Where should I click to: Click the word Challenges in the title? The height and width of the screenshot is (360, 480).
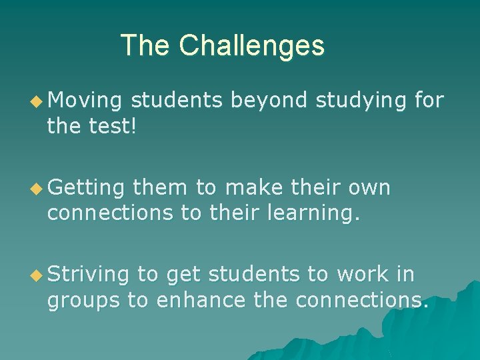pos(252,46)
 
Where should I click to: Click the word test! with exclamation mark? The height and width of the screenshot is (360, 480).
pos(114,126)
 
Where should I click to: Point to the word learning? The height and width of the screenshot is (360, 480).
pos(325,213)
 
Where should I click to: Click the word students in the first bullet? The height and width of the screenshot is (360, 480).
pos(177,101)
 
